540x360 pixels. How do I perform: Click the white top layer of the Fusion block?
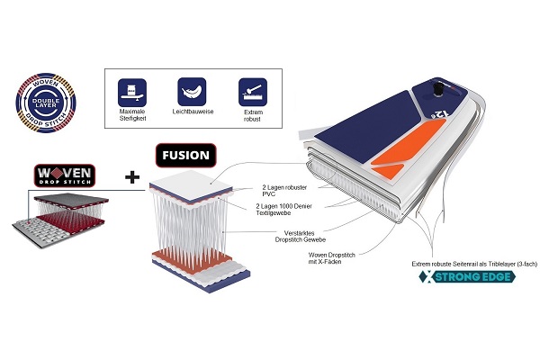194,184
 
